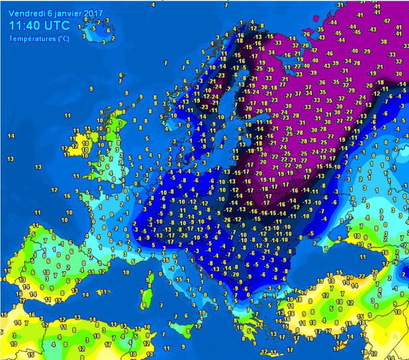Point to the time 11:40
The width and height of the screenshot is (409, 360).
(28, 26)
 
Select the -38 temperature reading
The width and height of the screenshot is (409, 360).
(383, 41)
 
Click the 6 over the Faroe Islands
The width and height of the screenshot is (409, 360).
(121, 74)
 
